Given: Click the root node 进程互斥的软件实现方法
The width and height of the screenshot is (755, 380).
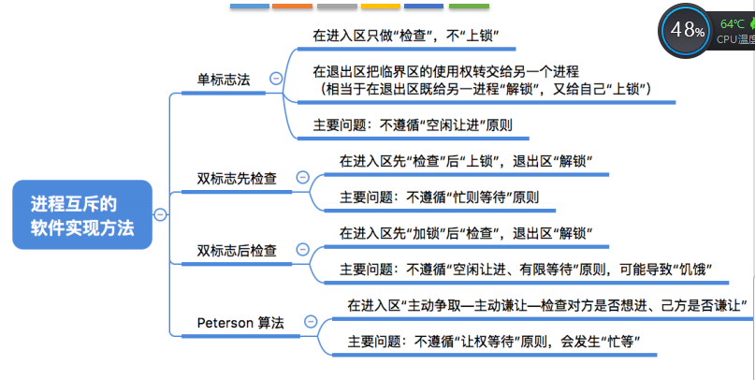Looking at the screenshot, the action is [x=81, y=214].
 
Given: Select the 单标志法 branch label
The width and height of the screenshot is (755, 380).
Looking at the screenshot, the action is [x=224, y=80].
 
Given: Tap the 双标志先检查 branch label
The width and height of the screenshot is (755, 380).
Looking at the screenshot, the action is [x=237, y=177].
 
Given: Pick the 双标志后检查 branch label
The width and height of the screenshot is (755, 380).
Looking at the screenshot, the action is [x=237, y=250].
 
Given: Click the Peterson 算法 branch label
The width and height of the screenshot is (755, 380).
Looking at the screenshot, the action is [x=241, y=323].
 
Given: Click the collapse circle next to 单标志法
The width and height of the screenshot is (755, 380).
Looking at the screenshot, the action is [x=275, y=80].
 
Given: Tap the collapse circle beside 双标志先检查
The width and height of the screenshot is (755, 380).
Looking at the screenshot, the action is [x=301, y=177].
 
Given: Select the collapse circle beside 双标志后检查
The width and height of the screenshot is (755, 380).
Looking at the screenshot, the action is [x=301, y=250].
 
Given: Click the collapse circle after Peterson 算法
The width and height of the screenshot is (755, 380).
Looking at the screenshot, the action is [x=305, y=323].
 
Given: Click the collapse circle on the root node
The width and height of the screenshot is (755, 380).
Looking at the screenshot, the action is [x=160, y=214].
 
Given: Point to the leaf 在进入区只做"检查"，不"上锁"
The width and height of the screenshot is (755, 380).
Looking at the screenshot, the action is [x=405, y=37].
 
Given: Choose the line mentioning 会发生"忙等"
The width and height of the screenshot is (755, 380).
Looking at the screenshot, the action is [x=492, y=342].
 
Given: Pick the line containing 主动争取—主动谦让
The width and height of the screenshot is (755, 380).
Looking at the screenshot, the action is [x=547, y=305].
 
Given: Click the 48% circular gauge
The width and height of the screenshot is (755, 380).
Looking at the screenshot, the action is [x=686, y=31].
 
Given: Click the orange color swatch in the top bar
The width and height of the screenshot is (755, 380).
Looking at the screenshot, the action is [x=292, y=6].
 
